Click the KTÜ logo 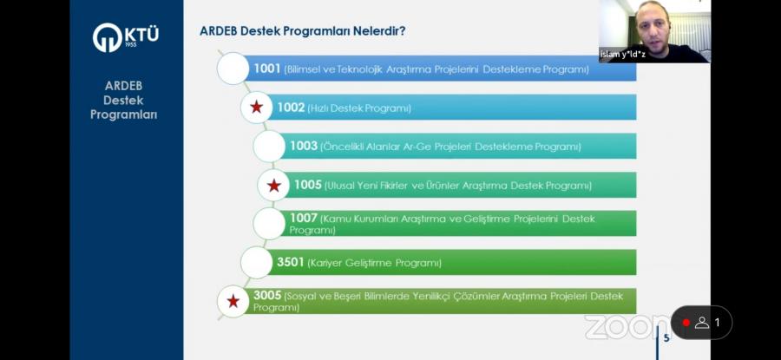(126, 37)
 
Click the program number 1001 (267, 69)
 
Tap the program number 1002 (291, 108)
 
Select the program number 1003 (304, 147)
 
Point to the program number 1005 (308, 186)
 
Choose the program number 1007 (304, 218)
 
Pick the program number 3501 (291, 262)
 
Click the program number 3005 (267, 295)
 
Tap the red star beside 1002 (257, 107)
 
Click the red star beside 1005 (273, 186)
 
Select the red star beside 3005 (233, 301)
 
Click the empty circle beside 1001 (233, 69)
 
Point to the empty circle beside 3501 (257, 262)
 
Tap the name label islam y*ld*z (622, 55)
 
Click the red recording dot (686, 323)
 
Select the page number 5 (666, 338)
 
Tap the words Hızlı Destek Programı (359, 108)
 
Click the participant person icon (702, 323)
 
